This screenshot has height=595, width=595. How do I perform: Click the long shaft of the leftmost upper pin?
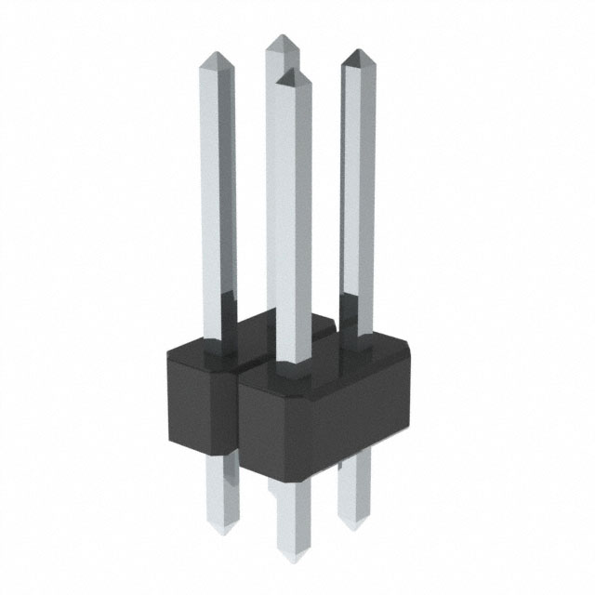[218, 186]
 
